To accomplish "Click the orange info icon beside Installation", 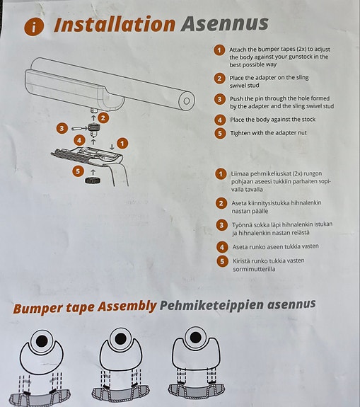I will pyautogui.click(x=33, y=26).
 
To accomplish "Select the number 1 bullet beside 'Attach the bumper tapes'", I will pyautogui.click(x=220, y=50).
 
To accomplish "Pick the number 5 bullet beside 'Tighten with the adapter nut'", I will pyautogui.click(x=220, y=133).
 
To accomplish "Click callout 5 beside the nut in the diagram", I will pyautogui.click(x=77, y=171).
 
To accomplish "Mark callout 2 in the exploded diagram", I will pyautogui.click(x=103, y=117).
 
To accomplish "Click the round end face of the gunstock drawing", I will pyautogui.click(x=187, y=102).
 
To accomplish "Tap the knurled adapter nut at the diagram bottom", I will pyautogui.click(x=93, y=181).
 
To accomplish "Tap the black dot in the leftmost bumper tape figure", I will pyautogui.click(x=42, y=341).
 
